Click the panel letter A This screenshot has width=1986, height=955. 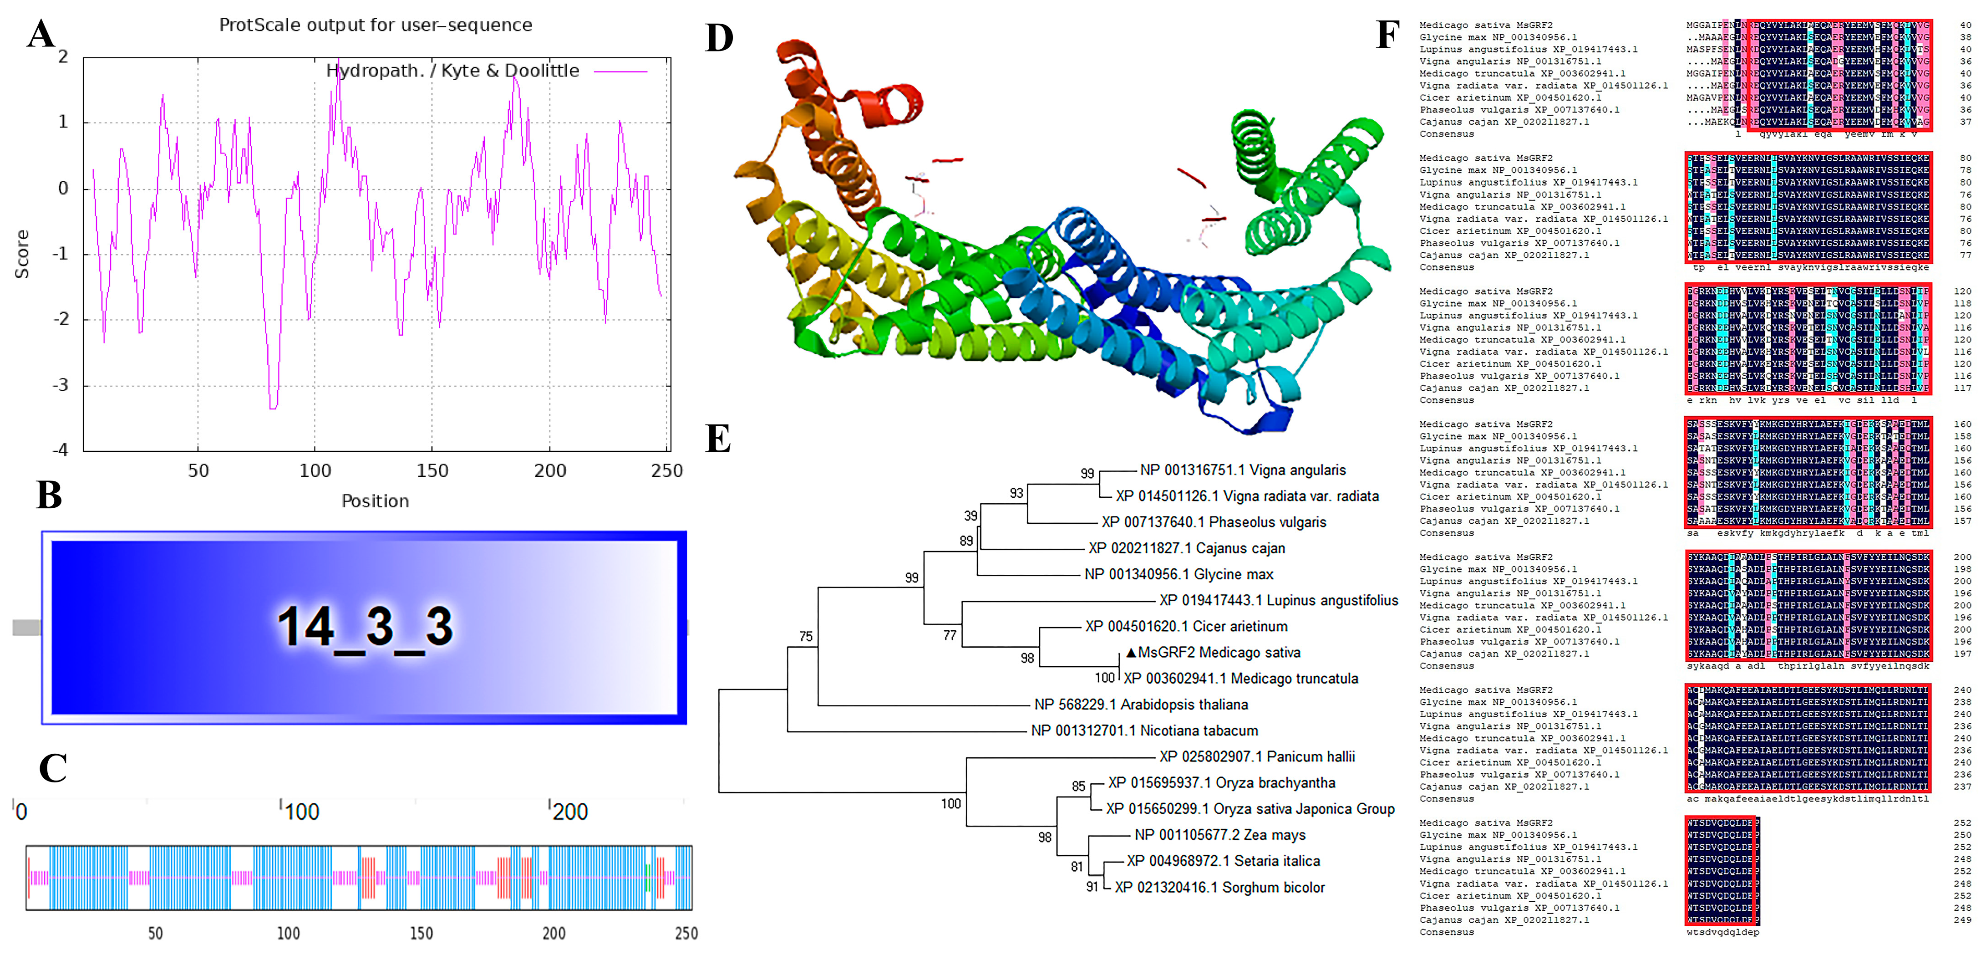[x=41, y=34]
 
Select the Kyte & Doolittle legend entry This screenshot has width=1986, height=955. [x=452, y=71]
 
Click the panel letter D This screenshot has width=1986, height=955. [x=719, y=38]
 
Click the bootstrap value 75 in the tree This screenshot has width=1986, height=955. [x=806, y=636]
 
